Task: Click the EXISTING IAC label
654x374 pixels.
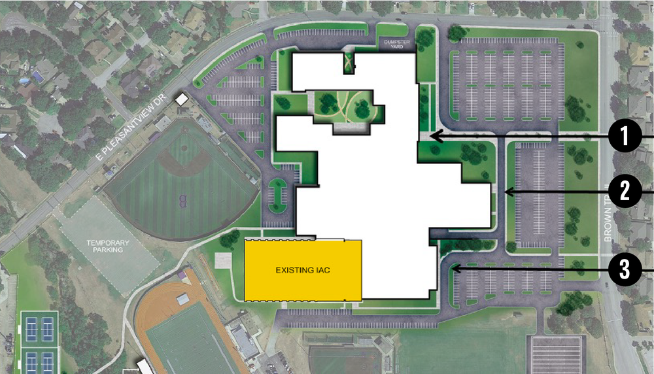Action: tap(303, 269)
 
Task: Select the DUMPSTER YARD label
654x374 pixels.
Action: tap(396, 44)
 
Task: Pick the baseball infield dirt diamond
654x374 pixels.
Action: tap(172, 160)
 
